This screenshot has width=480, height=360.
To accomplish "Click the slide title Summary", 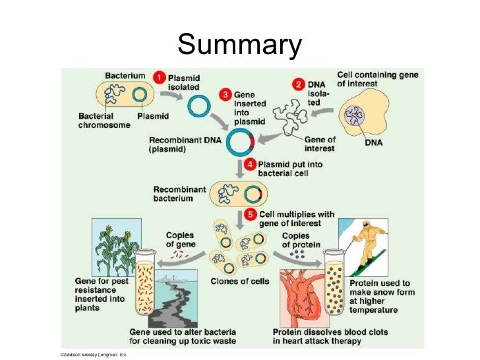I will click(x=239, y=45).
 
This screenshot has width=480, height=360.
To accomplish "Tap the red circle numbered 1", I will click(x=160, y=78).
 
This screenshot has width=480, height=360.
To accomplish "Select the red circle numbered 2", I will click(x=298, y=85).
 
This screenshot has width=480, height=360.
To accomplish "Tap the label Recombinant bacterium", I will click(x=174, y=193).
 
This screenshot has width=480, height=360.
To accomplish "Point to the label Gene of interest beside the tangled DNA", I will click(x=320, y=144).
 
